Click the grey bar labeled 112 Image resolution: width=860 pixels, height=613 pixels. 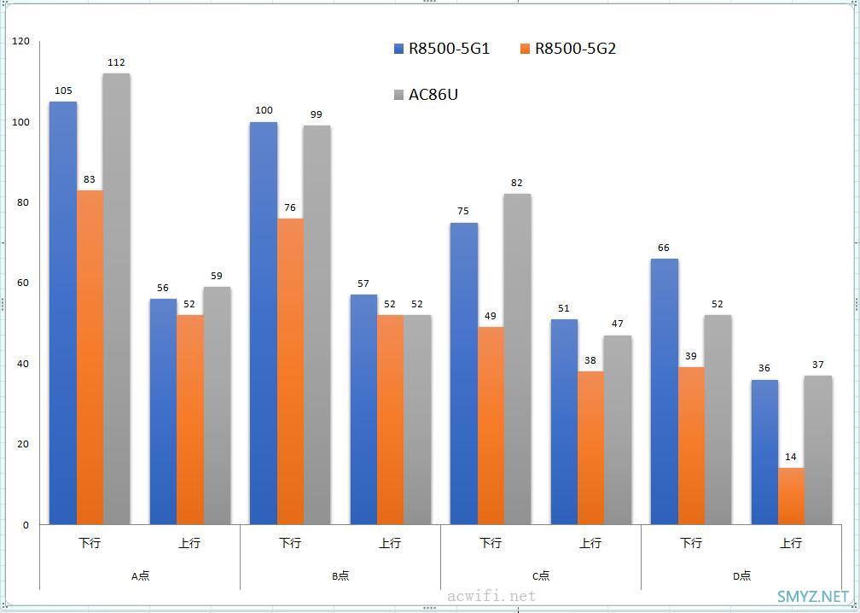tap(116, 299)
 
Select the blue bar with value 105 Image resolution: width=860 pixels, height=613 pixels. tap(63, 312)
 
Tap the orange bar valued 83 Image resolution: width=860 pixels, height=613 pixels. tap(90, 357)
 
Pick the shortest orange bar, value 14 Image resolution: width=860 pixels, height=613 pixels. tap(791, 496)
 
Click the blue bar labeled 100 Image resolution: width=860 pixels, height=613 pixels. tap(264, 323)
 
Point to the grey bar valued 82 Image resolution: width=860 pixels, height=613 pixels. tap(517, 359)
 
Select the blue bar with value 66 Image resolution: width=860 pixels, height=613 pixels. tap(664, 391)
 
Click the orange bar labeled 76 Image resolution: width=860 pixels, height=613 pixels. tap(290, 371)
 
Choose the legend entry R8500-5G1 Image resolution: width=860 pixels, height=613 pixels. tap(442, 49)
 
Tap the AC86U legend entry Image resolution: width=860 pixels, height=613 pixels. tap(426, 95)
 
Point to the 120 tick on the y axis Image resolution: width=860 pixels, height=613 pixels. tap(20, 41)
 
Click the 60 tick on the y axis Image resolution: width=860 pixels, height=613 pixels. tap(23, 283)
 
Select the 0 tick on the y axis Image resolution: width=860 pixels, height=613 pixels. tap(26, 525)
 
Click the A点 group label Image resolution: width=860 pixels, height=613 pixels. tap(140, 575)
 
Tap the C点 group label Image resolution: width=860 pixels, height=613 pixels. tap(541, 575)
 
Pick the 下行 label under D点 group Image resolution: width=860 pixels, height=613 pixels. tap(691, 543)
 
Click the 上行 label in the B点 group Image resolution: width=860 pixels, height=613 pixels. tap(390, 543)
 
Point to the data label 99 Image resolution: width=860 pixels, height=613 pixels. tap(317, 114)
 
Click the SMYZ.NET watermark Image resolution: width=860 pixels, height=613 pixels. tap(813, 597)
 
